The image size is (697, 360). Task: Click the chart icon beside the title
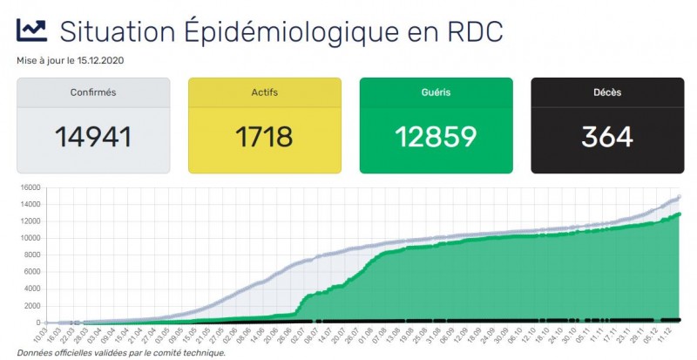31,31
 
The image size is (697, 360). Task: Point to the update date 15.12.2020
101,60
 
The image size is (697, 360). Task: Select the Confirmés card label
93,92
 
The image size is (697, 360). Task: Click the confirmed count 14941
93,136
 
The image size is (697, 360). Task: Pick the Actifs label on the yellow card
264,92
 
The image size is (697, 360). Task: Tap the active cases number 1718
264,136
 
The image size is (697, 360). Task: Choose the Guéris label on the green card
436,92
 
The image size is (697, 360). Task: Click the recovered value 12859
436,136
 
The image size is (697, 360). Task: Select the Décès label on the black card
607,92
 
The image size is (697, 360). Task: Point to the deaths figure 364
607,136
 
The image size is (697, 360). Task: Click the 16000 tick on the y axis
29,187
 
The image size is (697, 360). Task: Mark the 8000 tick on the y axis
31,255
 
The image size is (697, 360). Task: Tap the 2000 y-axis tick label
31,305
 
